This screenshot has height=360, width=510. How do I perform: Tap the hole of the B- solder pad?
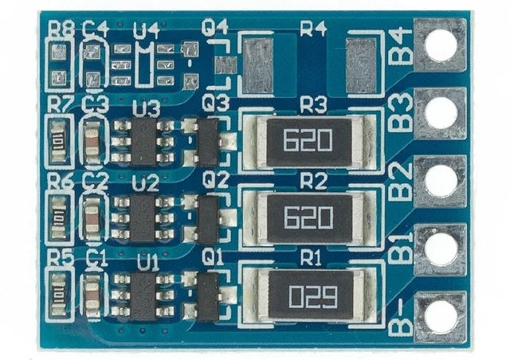click(x=441, y=316)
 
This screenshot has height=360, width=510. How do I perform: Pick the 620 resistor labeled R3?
click(x=307, y=142)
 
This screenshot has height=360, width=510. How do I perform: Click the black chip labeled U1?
click(x=143, y=296)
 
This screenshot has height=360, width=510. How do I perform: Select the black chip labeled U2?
click(x=143, y=219)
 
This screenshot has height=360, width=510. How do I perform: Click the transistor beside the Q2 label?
click(x=209, y=219)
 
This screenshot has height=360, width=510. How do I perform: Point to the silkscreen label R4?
click(x=313, y=29)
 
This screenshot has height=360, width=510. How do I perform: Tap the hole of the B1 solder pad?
click(x=441, y=248)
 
